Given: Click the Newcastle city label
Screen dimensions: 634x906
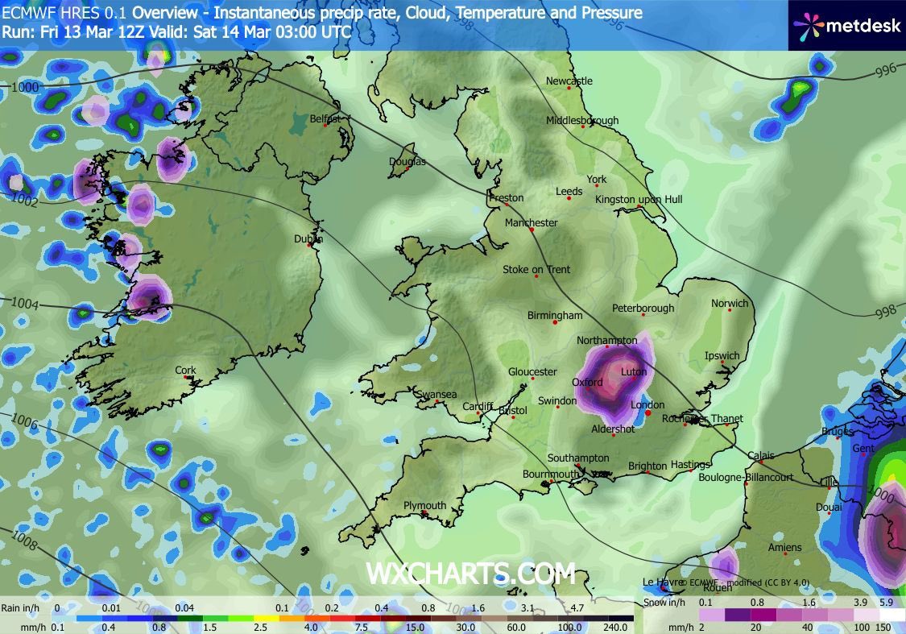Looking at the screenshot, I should (x=569, y=81).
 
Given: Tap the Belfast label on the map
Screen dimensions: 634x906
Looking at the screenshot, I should (x=325, y=119).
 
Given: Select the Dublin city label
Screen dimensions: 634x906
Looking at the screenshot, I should (x=308, y=239).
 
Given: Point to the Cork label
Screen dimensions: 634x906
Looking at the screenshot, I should (x=185, y=371).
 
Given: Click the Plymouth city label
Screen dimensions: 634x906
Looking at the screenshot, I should (x=424, y=506).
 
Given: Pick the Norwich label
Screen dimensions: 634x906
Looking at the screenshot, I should (x=730, y=304).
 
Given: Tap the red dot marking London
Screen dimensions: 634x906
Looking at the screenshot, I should (x=648, y=413).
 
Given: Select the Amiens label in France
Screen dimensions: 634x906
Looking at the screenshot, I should (x=784, y=548).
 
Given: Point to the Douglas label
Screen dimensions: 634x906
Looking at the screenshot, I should (x=407, y=161).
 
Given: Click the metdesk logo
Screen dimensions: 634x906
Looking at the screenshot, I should (x=846, y=25).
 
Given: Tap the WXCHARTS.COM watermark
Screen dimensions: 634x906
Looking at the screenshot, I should (x=471, y=574).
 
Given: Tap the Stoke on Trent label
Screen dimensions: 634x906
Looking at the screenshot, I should (x=536, y=269).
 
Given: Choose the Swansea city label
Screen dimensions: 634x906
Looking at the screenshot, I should (x=436, y=395).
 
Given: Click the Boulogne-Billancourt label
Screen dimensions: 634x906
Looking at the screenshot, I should (x=746, y=478).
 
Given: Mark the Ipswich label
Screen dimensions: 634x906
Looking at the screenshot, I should (x=722, y=355).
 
